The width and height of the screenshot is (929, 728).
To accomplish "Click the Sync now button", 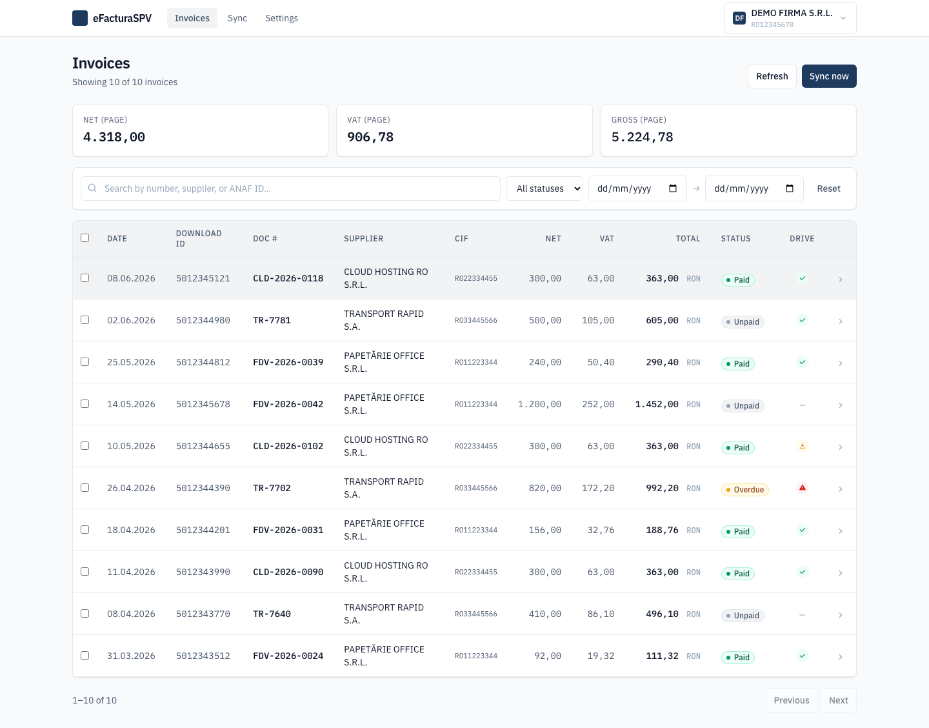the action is click(x=828, y=76).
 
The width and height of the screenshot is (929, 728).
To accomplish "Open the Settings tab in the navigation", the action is click(x=281, y=18).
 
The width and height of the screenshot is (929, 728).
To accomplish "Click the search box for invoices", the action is click(x=290, y=188).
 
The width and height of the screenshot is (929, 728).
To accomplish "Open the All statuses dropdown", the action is click(x=544, y=188).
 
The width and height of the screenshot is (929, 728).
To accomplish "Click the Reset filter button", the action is click(x=828, y=188).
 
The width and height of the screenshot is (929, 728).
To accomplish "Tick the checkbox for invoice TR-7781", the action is click(x=85, y=319).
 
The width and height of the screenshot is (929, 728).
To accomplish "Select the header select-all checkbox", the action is click(x=85, y=238).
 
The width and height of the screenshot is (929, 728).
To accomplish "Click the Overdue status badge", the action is click(x=744, y=489).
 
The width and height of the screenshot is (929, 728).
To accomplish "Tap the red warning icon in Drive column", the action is click(x=803, y=488).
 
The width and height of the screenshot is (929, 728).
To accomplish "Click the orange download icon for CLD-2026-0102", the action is click(x=803, y=446).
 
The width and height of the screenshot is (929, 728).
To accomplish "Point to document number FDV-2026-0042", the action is click(x=288, y=404).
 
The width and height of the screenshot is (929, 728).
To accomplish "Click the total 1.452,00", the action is click(x=657, y=404).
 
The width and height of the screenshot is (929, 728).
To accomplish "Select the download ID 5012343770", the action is click(x=203, y=614).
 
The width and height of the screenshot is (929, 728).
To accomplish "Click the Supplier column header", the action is click(x=363, y=239).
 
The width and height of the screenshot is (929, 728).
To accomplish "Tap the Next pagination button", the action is click(x=838, y=700).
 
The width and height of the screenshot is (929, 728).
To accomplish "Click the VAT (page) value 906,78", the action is click(x=370, y=137).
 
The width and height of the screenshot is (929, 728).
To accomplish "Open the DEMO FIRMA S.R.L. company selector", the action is click(x=790, y=18).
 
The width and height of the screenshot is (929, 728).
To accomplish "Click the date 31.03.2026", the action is click(x=131, y=656).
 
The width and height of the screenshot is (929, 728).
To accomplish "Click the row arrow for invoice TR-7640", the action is click(x=840, y=614).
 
